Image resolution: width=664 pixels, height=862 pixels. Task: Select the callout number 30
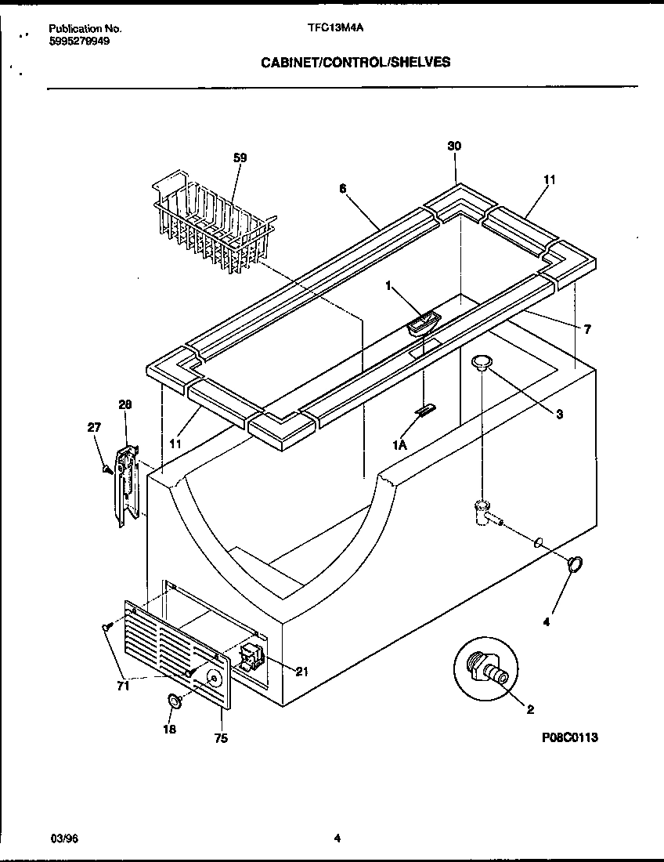[x=453, y=147]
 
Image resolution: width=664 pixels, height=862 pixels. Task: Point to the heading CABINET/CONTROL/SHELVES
[x=355, y=62]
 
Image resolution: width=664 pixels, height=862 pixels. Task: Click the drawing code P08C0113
[x=574, y=737]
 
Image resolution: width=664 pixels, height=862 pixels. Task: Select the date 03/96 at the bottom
[x=64, y=838]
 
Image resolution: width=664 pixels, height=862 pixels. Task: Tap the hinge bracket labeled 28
[x=125, y=485]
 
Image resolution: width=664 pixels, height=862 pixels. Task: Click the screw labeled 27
[x=105, y=469]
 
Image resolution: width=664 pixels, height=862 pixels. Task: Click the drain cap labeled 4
[x=576, y=564]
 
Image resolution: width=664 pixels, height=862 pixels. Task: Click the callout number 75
[x=221, y=738]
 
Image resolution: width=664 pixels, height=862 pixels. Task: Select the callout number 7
[x=587, y=329]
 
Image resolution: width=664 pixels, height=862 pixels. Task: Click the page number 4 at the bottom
[x=337, y=838]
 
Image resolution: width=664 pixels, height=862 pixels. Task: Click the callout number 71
[x=122, y=686]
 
